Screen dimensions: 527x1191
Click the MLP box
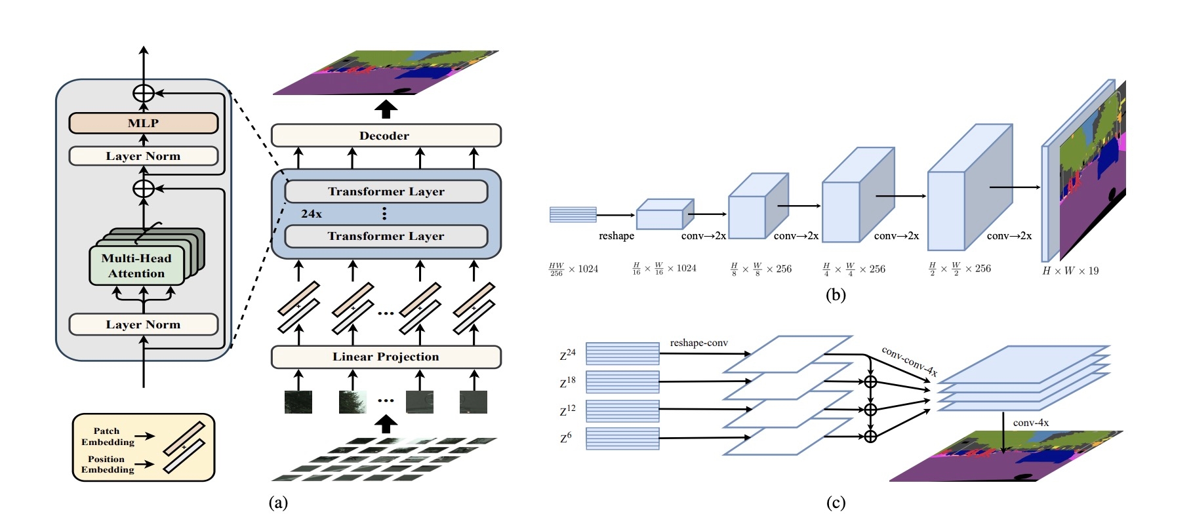(143, 123)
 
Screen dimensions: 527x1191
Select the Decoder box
(386, 136)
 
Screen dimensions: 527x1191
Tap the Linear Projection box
(386, 357)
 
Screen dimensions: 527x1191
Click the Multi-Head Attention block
(136, 266)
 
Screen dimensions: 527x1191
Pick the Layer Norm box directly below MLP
(143, 156)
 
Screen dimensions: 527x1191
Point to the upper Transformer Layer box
(386, 191)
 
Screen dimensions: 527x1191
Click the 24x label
(312, 214)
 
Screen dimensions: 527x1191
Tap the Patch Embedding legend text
(108, 437)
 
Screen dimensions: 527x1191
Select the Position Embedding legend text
(108, 464)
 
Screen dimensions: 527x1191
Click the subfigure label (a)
(279, 503)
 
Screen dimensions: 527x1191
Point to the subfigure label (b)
(836, 295)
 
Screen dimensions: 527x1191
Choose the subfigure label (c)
(836, 503)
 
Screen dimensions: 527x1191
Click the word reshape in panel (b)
(616, 236)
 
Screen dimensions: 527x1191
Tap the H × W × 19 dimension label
(1070, 271)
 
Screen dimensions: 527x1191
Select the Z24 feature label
(568, 355)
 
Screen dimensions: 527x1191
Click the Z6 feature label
(566, 437)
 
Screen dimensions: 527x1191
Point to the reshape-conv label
(698, 343)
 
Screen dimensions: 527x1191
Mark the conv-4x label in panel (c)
(1030, 423)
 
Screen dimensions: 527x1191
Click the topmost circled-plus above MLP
(143, 93)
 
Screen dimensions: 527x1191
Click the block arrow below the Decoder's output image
(386, 109)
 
